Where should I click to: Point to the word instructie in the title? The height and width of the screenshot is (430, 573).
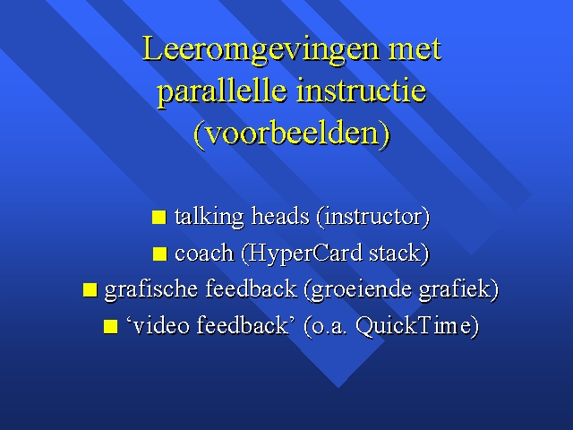click(x=361, y=90)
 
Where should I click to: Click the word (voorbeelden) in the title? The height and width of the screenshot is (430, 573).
click(x=292, y=133)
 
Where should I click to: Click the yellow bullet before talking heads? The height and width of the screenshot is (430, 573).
click(x=159, y=217)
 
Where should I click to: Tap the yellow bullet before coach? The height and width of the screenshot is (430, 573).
click(x=159, y=254)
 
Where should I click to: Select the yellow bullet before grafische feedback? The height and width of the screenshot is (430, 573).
click(x=90, y=289)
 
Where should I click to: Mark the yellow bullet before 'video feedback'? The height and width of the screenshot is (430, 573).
click(x=110, y=326)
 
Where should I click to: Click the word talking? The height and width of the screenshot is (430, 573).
click(x=209, y=217)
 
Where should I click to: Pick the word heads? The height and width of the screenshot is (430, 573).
click(x=280, y=216)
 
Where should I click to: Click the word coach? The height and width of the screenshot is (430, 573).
click(x=204, y=254)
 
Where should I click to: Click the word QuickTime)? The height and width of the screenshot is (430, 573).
click(x=417, y=326)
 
